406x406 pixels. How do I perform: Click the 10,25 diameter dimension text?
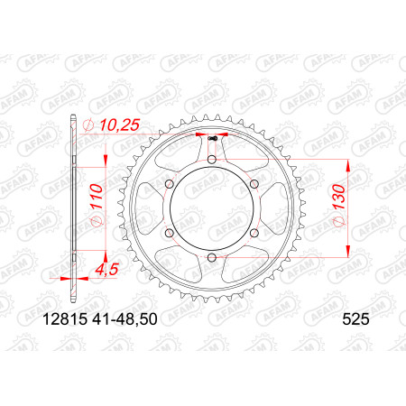click(x=120, y=125)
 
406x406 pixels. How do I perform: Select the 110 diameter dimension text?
click(x=97, y=197)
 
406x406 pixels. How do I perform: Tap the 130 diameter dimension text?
click(x=339, y=197)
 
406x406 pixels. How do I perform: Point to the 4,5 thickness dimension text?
click(x=106, y=270)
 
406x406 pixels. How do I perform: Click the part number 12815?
click(x=65, y=319)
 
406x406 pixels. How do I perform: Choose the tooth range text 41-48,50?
click(x=125, y=319)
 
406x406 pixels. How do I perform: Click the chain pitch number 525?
click(x=355, y=319)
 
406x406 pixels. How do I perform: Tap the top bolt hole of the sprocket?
click(x=212, y=159)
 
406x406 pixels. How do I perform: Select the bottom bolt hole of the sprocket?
click(x=212, y=257)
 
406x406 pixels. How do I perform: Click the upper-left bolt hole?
click(x=170, y=183)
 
